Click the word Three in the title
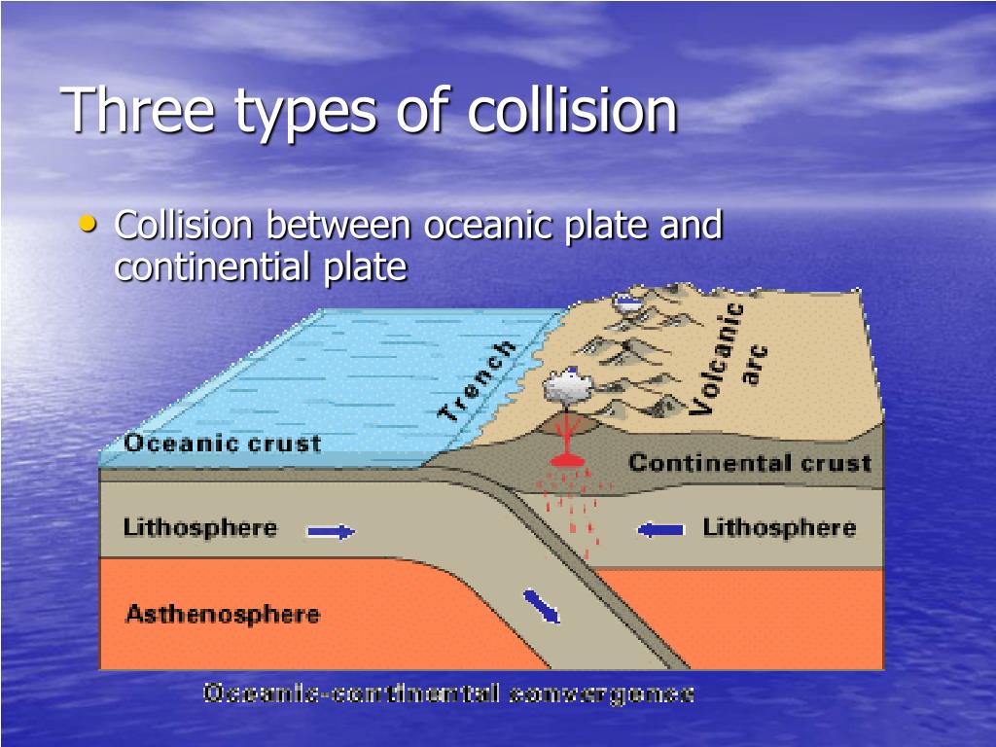139,109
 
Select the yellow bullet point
89,225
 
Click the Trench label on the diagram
476,380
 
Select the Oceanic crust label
222,444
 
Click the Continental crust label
749,462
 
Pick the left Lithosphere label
199,528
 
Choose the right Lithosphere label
779,528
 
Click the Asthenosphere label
222,615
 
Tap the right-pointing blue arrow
331,531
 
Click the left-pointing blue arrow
660,529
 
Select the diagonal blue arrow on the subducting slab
542,605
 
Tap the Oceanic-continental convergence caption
447,694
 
